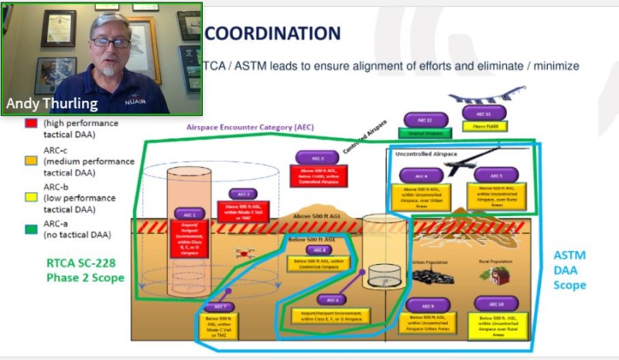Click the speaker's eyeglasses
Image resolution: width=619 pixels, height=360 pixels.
point(110,43)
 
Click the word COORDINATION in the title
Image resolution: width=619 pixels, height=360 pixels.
point(272,34)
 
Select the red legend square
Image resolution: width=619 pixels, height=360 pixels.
point(30,122)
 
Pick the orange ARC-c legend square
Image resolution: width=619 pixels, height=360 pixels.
point(30,160)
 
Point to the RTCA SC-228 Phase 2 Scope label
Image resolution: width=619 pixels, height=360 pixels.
point(85,270)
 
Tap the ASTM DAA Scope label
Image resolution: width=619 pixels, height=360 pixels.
point(569,269)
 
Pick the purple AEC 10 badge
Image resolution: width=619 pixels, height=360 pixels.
point(497,303)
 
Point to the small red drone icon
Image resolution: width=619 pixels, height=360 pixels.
point(250,252)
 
